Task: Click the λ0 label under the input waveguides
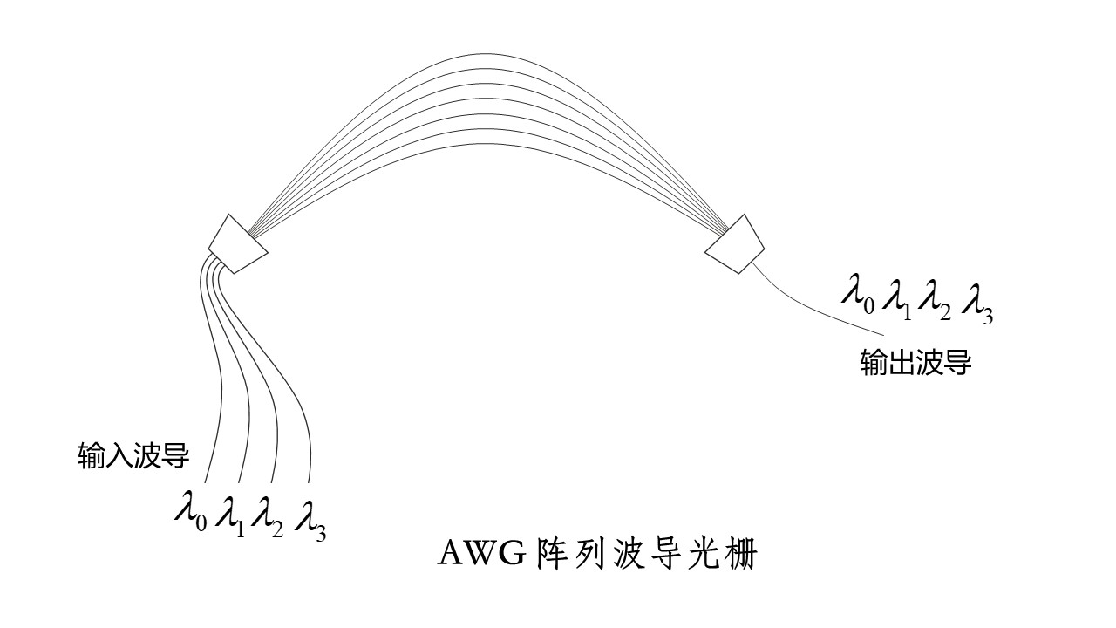pyautogui.click(x=191, y=512)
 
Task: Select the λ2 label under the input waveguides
pyautogui.click(x=267, y=515)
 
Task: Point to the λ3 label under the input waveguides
pyautogui.click(x=310, y=516)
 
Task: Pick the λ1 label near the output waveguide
pyautogui.click(x=896, y=295)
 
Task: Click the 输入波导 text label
pyautogui.click(x=133, y=455)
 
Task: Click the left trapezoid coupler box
pyautogui.click(x=238, y=242)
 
